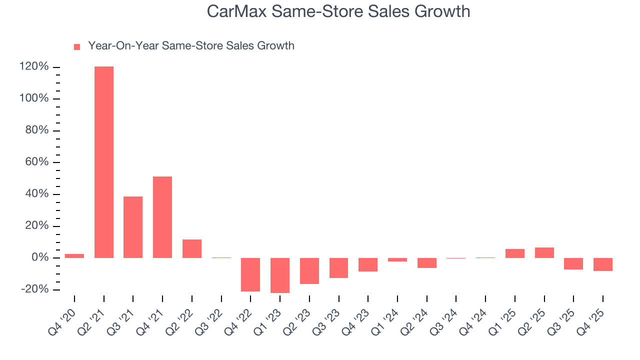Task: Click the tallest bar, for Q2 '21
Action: point(104,162)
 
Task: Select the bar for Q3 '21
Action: point(133,227)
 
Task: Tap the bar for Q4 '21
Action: point(162,217)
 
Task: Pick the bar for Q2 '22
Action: point(192,248)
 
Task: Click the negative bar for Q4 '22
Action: point(250,274)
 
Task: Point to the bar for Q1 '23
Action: point(280,275)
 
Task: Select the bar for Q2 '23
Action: point(309,271)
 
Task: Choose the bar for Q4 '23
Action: point(368,264)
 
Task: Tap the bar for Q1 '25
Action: point(515,253)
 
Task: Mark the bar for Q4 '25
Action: point(603,264)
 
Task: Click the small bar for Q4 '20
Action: point(74,256)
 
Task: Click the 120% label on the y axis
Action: point(34,67)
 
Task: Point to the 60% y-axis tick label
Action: point(37,162)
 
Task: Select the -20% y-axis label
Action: point(35,289)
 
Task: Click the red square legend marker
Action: point(77,47)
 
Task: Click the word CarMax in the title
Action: point(236,11)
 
